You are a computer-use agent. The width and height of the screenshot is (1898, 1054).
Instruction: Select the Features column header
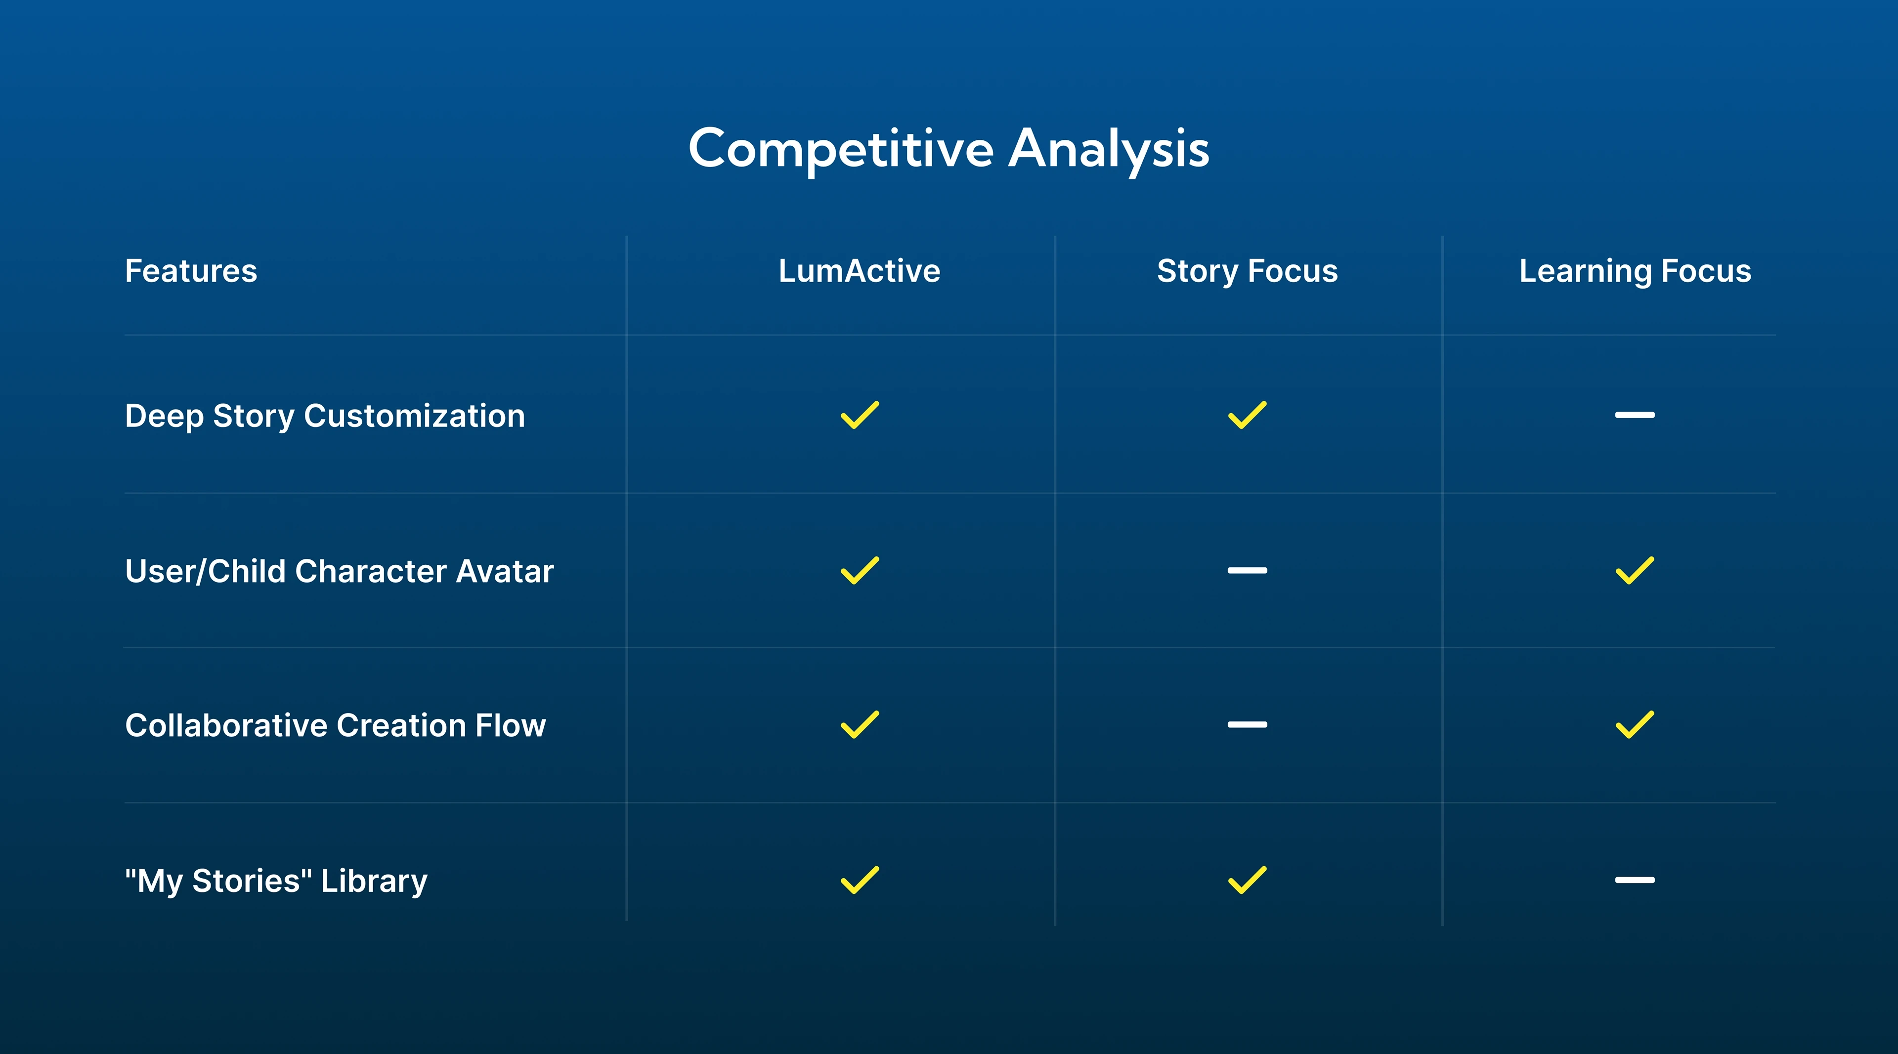click(191, 271)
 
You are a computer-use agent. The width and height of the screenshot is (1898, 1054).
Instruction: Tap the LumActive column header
click(859, 271)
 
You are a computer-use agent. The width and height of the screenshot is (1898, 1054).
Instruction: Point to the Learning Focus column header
click(1635, 271)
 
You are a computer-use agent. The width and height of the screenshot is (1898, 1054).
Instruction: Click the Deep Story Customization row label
click(325, 416)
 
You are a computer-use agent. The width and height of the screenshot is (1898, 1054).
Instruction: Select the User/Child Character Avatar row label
click(339, 571)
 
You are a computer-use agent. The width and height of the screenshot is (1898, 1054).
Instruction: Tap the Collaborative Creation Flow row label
click(335, 725)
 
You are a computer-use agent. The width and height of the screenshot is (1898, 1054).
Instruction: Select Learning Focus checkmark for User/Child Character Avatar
click(1635, 571)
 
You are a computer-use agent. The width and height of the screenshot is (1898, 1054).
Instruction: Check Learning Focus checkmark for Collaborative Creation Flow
click(1635, 725)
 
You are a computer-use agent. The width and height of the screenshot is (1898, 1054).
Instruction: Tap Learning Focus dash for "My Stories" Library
click(1635, 880)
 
